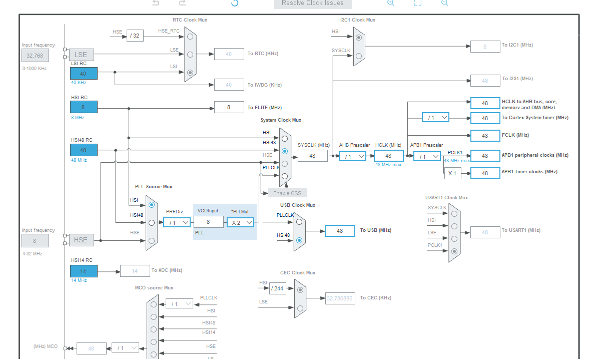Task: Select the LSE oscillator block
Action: (x=81, y=55)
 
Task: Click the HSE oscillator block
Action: (x=81, y=240)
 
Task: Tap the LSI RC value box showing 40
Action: (x=84, y=74)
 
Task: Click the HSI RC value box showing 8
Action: (x=84, y=107)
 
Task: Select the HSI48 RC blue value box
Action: (x=84, y=150)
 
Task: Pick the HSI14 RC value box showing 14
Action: (x=84, y=271)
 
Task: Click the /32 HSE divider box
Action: (x=135, y=36)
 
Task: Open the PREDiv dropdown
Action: (x=177, y=222)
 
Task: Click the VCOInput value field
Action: (x=208, y=222)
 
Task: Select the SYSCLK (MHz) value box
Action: (x=312, y=156)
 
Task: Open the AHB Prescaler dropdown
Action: (x=352, y=156)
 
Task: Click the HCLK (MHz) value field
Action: (x=388, y=156)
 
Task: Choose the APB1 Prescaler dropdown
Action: (x=427, y=156)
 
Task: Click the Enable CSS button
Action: (x=287, y=193)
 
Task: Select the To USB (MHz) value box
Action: (x=340, y=231)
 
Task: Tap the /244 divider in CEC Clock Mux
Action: (x=278, y=288)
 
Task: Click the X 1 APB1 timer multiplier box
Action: (x=452, y=173)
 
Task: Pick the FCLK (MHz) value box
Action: (x=485, y=136)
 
